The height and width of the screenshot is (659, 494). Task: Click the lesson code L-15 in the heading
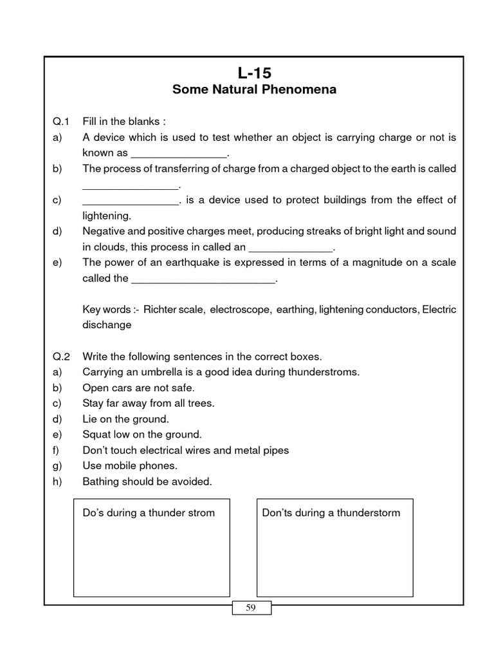(254, 73)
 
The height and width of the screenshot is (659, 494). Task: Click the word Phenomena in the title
(298, 89)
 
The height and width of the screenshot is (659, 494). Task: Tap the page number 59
(251, 608)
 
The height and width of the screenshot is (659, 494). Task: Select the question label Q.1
(60, 122)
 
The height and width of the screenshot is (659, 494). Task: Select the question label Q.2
(60, 357)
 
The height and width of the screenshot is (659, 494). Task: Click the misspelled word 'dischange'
(107, 325)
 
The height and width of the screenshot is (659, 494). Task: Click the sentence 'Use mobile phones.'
(130, 465)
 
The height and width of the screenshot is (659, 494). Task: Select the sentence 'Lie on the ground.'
(125, 419)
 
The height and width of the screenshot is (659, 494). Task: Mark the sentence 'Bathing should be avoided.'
(147, 481)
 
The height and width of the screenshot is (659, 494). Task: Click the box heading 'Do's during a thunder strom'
(149, 513)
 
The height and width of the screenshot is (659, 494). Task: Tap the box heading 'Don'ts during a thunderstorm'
(331, 513)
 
